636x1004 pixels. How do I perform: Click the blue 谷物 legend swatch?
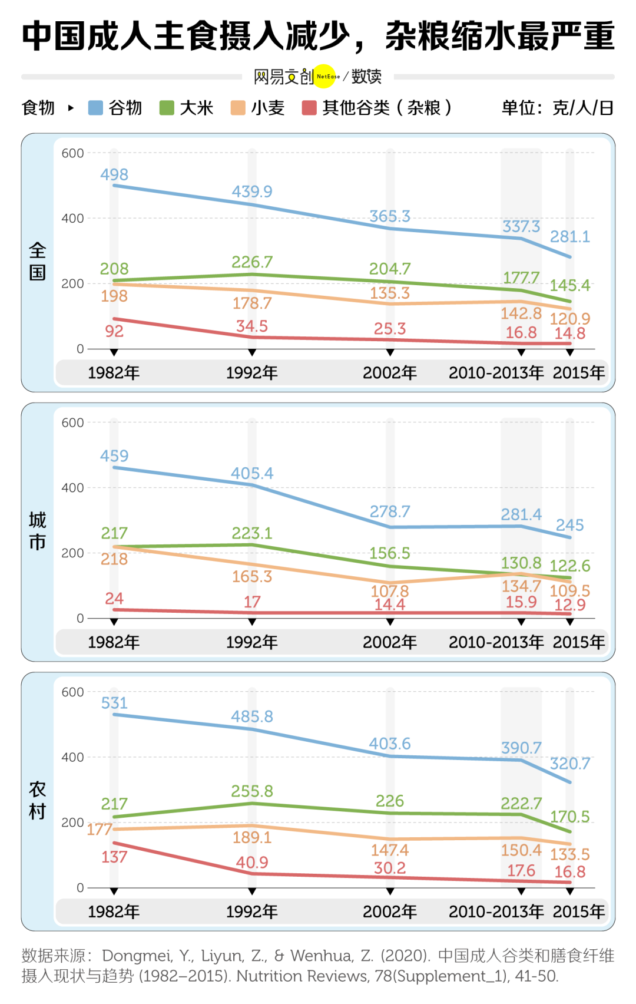pos(95,108)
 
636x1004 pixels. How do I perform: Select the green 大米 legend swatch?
pos(167,108)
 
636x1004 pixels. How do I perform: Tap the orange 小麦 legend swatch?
pos(238,108)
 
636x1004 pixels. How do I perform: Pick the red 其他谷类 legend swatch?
pos(309,108)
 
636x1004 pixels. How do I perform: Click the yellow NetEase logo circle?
pos(324,76)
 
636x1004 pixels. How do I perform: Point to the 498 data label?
pos(114,174)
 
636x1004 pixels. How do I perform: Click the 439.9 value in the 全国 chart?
pos(252,191)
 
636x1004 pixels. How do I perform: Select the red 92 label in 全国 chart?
pos(114,331)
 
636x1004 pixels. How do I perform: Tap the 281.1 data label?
pos(569,237)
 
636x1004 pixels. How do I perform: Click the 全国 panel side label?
pos(37,262)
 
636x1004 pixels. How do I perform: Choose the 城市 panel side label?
pos(37,531)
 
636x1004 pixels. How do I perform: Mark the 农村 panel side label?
pos(37,801)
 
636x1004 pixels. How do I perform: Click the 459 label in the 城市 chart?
pos(114,456)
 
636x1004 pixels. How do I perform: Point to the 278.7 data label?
pos(390,511)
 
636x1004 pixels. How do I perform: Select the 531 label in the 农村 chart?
pos(114,703)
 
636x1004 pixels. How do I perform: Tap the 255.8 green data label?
pos(252,791)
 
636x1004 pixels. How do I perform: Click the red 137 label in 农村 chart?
pos(114,857)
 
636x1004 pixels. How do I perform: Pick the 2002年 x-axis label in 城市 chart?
pos(390,642)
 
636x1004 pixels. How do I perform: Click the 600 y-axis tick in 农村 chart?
pos(73,692)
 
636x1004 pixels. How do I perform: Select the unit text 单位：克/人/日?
pos(557,108)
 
